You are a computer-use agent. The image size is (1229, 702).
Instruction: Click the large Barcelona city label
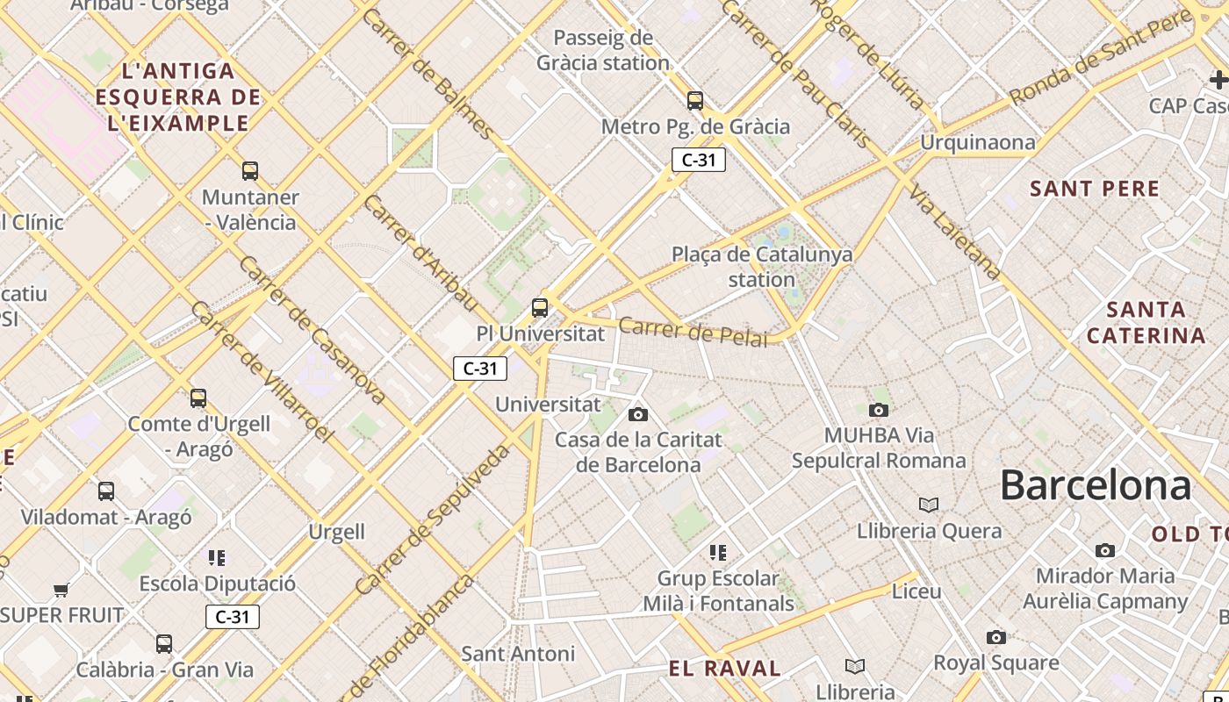pyautogui.click(x=1096, y=485)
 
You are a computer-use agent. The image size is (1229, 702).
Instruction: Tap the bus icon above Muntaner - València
pyautogui.click(x=250, y=170)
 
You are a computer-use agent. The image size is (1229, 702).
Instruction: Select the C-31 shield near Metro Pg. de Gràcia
pyautogui.click(x=699, y=160)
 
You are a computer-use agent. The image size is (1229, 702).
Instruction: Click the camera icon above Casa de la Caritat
pyautogui.click(x=638, y=414)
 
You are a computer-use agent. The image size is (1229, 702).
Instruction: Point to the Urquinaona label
pyautogui.click(x=977, y=142)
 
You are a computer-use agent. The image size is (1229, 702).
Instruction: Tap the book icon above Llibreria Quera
pyautogui.click(x=929, y=505)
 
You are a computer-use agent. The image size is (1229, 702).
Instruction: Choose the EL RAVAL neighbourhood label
pyautogui.click(x=725, y=669)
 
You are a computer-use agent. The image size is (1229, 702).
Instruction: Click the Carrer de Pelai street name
pyautogui.click(x=693, y=333)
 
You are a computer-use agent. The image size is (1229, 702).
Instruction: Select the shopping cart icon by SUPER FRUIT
pyautogui.click(x=61, y=590)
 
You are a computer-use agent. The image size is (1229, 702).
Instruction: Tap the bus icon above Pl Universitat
pyautogui.click(x=540, y=308)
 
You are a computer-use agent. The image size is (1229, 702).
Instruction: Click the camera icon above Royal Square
pyautogui.click(x=995, y=637)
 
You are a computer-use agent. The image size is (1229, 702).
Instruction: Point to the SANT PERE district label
pyautogui.click(x=1095, y=189)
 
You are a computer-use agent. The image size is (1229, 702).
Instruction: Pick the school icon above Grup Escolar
pyautogui.click(x=718, y=553)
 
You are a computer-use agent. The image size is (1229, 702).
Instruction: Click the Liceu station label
pyautogui.click(x=916, y=591)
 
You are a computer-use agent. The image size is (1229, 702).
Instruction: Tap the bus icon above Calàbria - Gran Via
pyautogui.click(x=164, y=644)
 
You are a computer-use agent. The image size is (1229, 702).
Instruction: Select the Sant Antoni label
pyautogui.click(x=518, y=654)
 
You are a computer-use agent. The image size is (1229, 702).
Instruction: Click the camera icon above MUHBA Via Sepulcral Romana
pyautogui.click(x=878, y=410)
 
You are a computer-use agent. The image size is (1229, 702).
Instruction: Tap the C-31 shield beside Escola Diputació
pyautogui.click(x=233, y=617)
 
